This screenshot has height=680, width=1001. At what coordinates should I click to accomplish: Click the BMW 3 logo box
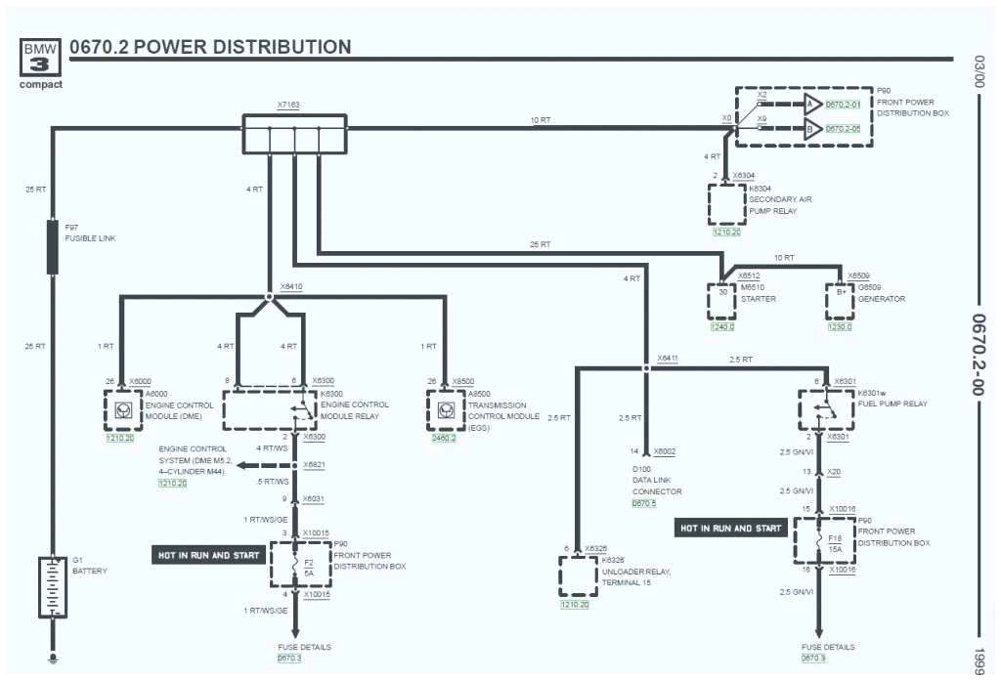41,59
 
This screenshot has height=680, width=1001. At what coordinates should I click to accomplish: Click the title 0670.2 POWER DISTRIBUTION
210,47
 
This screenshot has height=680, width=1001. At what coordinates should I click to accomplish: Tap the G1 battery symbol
51,586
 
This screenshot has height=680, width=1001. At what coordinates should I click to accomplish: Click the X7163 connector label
288,104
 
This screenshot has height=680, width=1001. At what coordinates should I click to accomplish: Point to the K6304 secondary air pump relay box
726,203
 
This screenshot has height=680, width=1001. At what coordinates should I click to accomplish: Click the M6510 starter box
722,302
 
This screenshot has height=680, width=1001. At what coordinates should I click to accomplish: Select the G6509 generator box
839,302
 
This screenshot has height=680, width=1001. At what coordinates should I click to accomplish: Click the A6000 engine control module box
122,410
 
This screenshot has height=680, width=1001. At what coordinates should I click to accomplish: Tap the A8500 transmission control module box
445,410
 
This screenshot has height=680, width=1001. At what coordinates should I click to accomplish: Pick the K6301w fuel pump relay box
826,408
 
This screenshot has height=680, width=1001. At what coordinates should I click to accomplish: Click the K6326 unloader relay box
578,576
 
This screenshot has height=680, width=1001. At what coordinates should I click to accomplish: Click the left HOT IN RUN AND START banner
209,555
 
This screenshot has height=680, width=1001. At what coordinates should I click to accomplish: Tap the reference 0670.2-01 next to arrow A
843,105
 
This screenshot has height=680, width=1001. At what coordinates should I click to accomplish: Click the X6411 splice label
668,359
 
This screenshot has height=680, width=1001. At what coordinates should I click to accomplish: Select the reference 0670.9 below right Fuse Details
814,659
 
